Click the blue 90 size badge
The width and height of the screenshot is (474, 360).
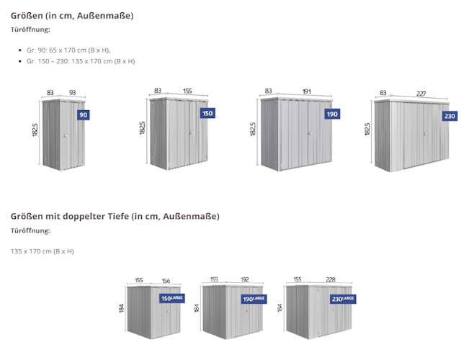pos(84,115)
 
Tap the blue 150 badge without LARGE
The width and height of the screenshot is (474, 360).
pos(207,113)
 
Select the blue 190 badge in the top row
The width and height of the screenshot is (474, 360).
pos(331,114)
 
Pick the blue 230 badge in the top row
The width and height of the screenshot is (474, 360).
pos(450,116)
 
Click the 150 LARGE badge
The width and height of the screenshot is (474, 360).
pos(172,298)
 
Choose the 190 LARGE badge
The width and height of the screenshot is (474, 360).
pos(254,298)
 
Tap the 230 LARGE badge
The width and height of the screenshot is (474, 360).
pos(342,298)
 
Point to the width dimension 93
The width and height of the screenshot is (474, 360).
pos(73,92)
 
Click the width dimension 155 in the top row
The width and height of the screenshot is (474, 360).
pos(187,91)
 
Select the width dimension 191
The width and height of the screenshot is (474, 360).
pos(306,91)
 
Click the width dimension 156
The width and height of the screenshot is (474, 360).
pos(166,280)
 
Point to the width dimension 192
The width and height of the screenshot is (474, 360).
pos(245,280)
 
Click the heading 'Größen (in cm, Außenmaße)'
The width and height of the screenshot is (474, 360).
pos(72,15)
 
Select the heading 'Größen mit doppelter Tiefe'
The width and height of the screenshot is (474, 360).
pos(115,216)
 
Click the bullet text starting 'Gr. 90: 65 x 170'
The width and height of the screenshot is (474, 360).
pos(68,50)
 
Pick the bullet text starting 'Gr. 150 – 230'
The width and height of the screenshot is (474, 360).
pos(81,61)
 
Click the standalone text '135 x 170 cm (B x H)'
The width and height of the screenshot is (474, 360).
pos(43,251)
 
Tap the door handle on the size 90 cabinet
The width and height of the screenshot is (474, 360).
pos(65,138)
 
